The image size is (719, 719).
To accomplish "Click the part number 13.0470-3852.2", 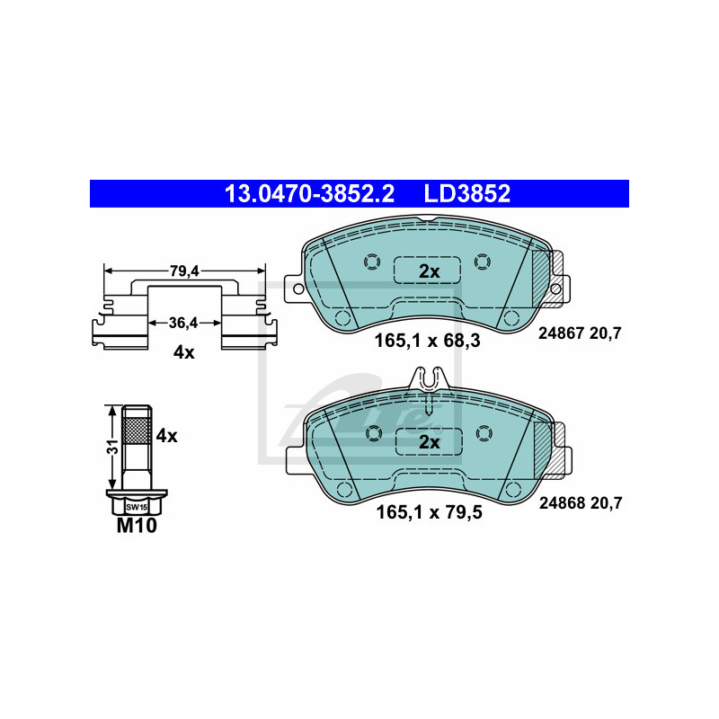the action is [309, 193].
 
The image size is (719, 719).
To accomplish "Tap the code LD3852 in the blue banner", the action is [466, 193].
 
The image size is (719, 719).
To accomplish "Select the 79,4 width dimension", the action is [184, 271].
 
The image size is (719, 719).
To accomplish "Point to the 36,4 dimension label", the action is [183, 323].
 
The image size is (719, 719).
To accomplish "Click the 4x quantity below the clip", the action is [184, 352].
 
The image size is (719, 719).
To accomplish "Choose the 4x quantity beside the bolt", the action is [166, 436].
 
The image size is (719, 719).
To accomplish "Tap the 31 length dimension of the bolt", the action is [112, 447].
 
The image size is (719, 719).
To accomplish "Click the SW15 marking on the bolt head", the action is [137, 507].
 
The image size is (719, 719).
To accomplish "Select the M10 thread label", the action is [137, 526].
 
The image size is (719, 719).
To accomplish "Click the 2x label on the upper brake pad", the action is [430, 271].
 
